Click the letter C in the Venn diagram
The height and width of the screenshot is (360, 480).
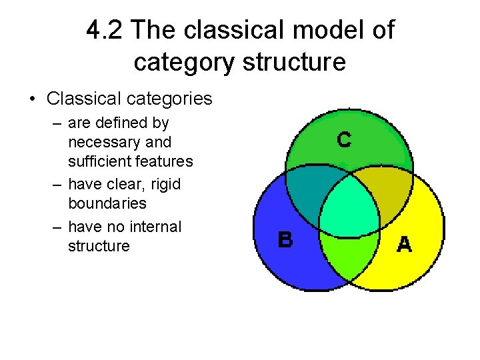point(344,140)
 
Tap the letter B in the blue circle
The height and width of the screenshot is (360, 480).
point(285,239)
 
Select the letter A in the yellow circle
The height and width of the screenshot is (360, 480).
point(404,244)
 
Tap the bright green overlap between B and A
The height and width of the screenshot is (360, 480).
point(347,253)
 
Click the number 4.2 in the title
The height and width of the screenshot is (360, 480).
point(105,30)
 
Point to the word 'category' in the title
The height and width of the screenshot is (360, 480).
point(185,62)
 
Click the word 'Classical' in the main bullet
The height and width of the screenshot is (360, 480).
point(83,99)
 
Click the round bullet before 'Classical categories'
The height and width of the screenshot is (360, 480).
point(32,100)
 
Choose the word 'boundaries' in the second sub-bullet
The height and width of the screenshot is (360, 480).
point(107,203)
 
